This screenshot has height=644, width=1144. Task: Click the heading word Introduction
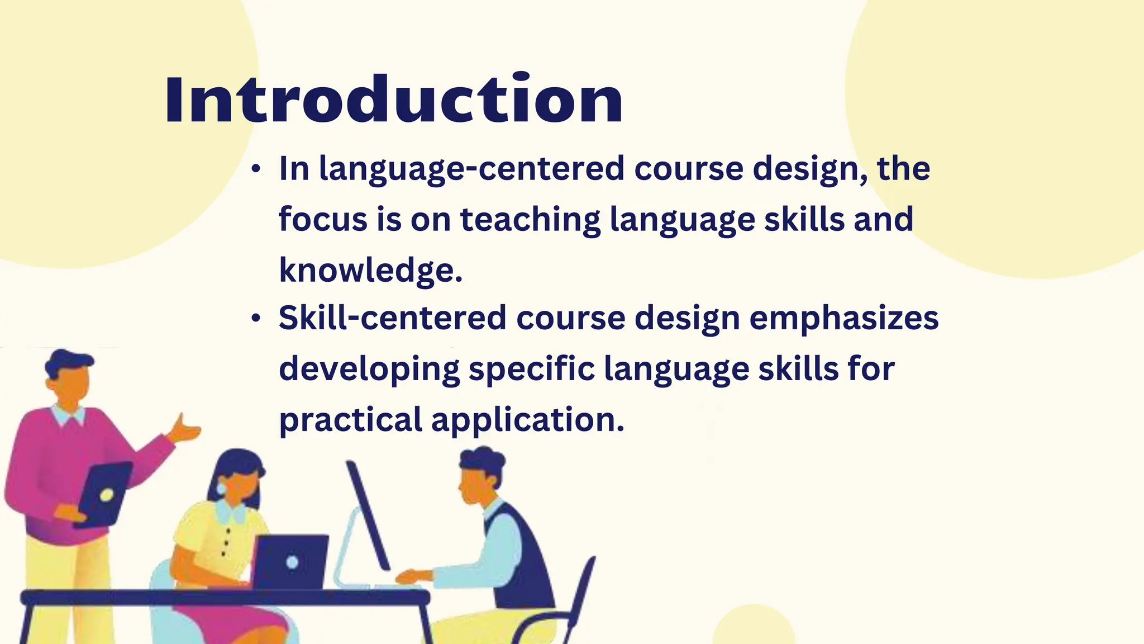pos(393,100)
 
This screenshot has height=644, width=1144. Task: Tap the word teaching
pos(530,219)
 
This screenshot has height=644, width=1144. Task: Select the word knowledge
pos(370,271)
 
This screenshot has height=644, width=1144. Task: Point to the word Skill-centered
pos(392,318)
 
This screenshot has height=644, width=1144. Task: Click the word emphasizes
pos(843,318)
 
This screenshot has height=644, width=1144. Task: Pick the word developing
pos(369,370)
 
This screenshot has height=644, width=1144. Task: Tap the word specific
pos(532,370)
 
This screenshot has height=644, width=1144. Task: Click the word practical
pos(351,420)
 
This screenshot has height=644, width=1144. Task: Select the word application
pos(527,420)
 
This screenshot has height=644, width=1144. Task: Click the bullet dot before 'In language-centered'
pos(256,169)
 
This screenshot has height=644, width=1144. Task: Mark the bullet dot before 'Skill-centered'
pos(256,319)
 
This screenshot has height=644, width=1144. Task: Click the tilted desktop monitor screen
pos(368,514)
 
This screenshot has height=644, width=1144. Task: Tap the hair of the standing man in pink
pos(67,362)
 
